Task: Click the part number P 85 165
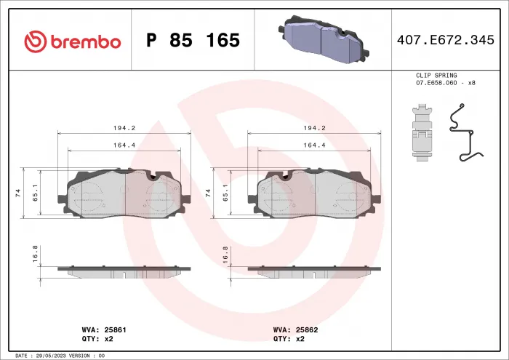193,41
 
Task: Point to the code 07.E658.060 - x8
445,82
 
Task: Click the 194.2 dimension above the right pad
315,127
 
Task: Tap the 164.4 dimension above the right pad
315,145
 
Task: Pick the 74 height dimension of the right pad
209,193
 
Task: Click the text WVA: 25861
105,329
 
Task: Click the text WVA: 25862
296,329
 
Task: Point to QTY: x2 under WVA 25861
97,339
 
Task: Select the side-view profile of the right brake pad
313,271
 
